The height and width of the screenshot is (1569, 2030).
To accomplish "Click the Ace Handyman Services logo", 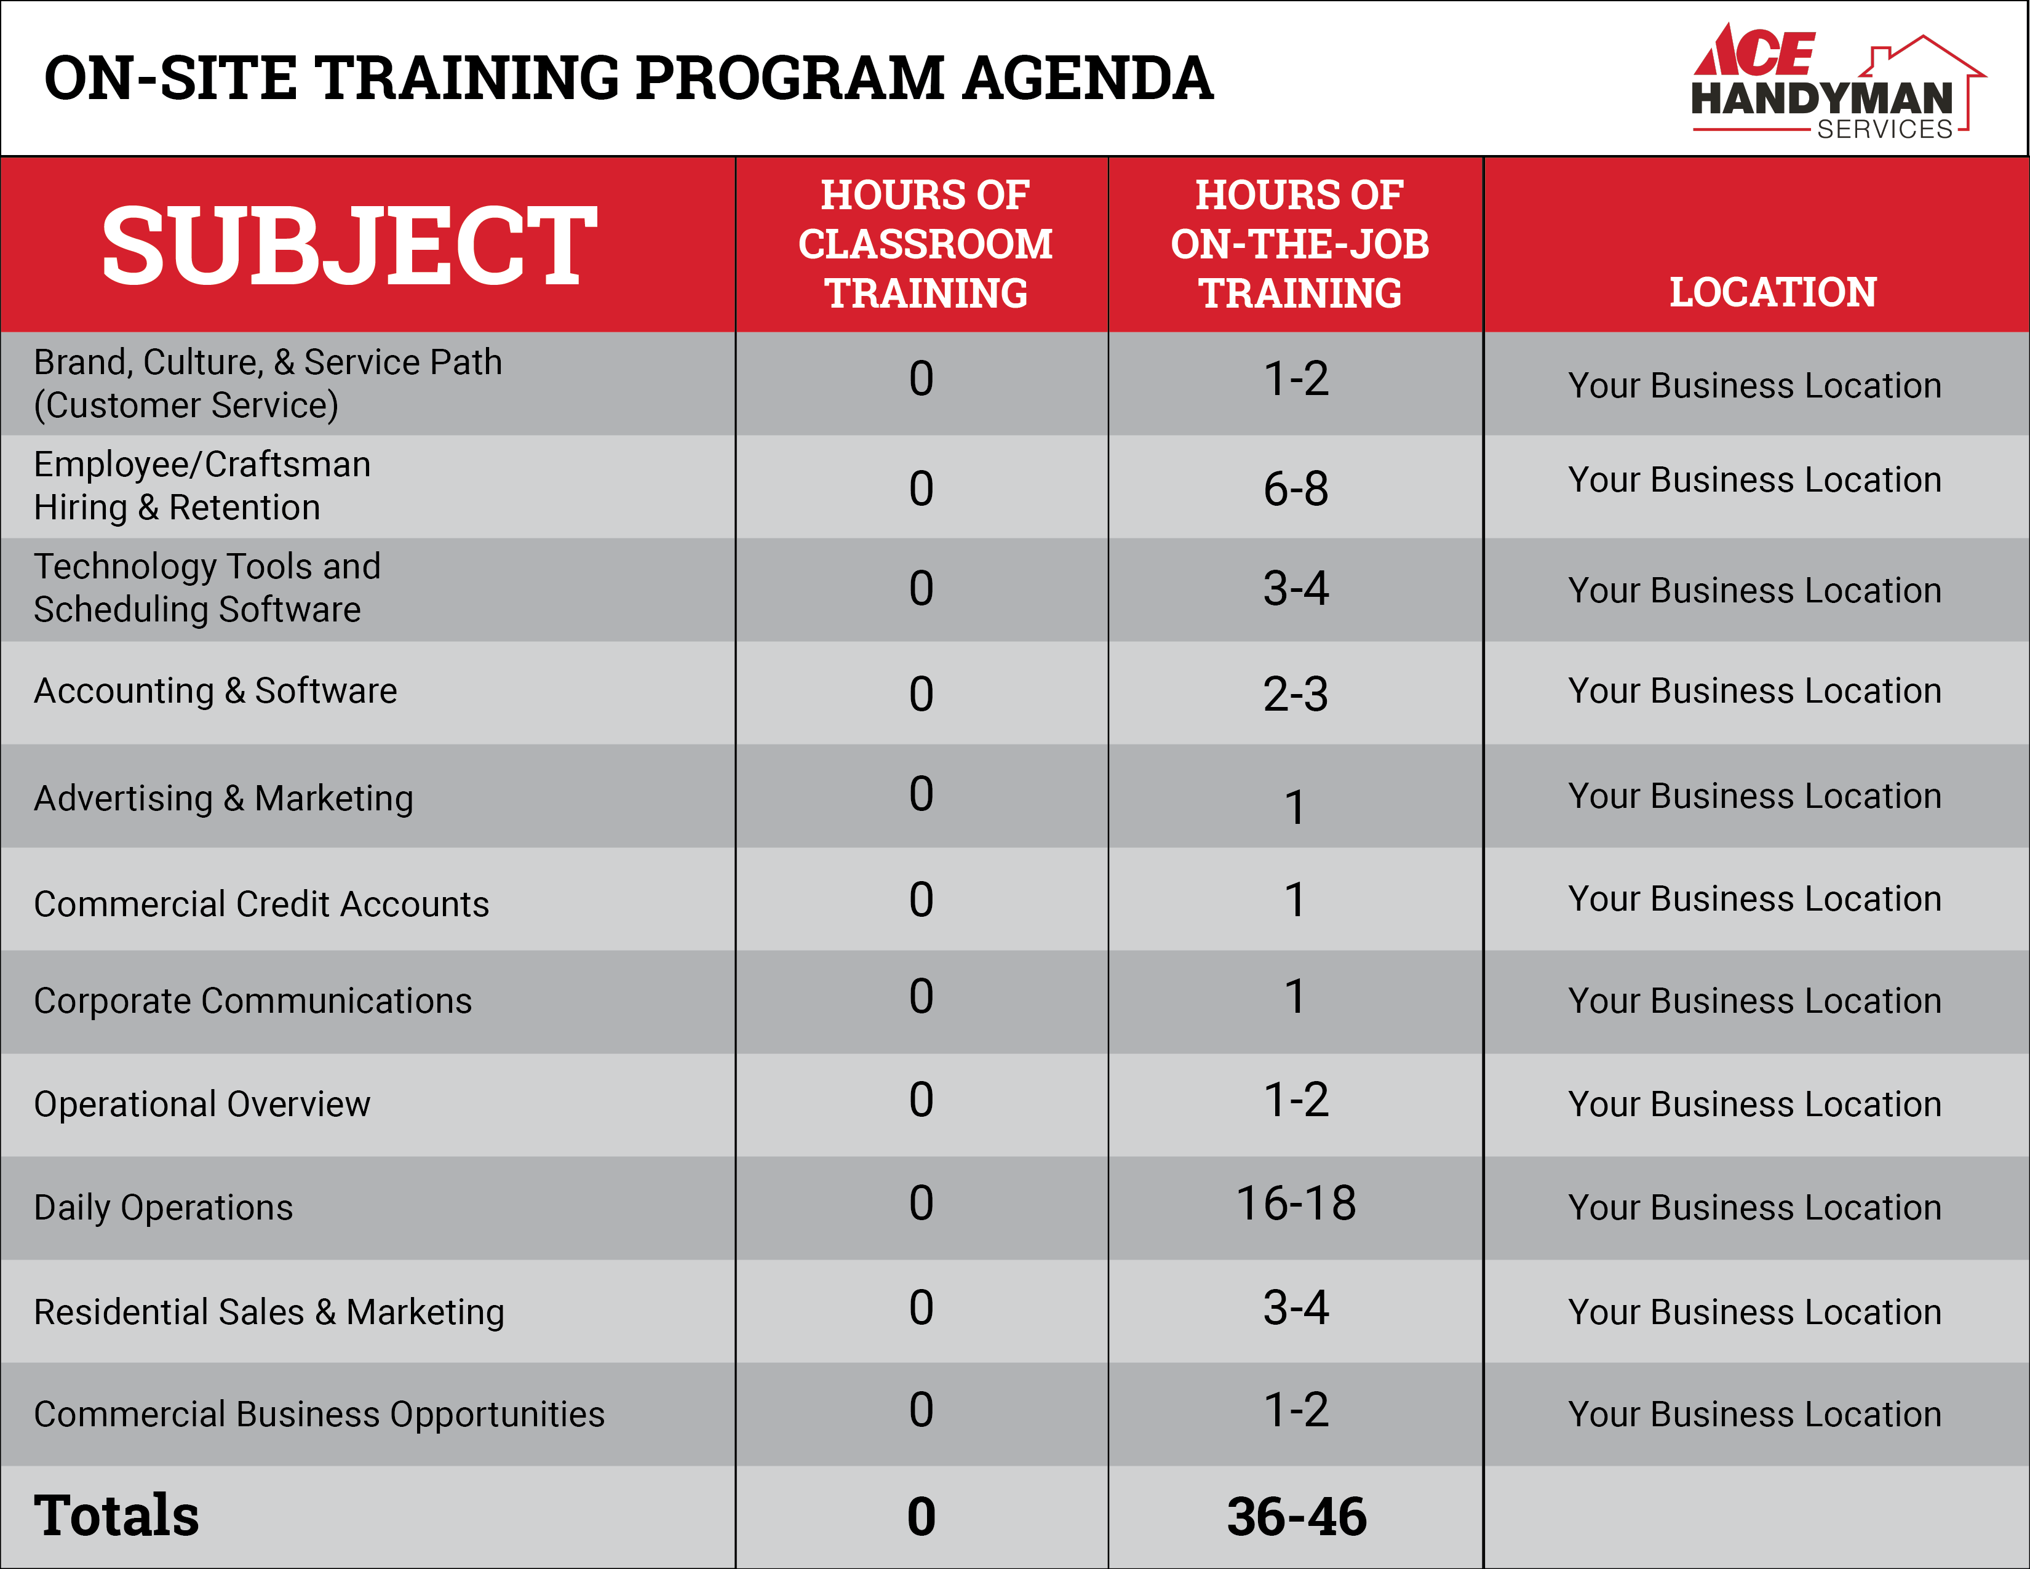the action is [1837, 82].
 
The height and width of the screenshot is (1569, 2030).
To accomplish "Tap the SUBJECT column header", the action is [349, 246].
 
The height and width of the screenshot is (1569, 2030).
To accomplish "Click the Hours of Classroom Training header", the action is [925, 244].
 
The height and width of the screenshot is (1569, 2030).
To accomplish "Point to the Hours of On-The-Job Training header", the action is [1299, 244].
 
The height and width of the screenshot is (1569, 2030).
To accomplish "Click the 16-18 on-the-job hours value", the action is [1296, 1203].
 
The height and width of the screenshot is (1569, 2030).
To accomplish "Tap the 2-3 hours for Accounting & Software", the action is [1296, 693].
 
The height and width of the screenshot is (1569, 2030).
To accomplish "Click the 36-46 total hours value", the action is [1297, 1516].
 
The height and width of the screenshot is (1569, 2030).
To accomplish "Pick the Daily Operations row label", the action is [164, 1207].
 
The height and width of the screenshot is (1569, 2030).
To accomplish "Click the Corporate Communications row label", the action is [253, 1001].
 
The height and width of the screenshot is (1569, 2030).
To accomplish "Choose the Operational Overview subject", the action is [202, 1104].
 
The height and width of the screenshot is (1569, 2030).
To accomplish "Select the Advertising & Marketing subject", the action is [223, 799].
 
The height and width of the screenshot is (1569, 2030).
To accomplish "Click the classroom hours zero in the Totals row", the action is [921, 1516].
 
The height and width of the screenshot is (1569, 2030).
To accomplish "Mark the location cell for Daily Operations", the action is [1755, 1207].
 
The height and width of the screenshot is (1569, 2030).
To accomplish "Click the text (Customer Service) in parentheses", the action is [186, 406].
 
